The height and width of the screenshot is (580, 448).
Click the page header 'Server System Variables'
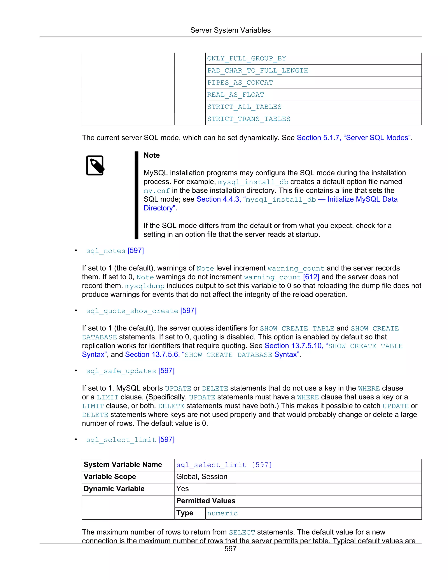coord(230,30)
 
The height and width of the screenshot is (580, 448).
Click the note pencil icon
coord(95,165)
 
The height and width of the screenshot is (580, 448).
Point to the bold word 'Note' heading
coord(152,155)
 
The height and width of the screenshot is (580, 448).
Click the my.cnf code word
coord(156,191)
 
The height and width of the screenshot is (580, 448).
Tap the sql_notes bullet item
coord(115,251)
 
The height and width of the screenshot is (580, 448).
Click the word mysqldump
coord(145,286)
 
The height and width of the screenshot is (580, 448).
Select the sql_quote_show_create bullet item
coord(141,311)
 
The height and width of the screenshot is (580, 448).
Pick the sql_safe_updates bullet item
coord(130,371)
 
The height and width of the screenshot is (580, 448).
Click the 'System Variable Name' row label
coord(123,464)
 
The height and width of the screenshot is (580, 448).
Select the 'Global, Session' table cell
coord(202,477)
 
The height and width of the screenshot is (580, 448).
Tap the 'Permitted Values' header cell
coord(206,501)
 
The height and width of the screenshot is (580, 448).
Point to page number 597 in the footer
coord(230,549)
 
